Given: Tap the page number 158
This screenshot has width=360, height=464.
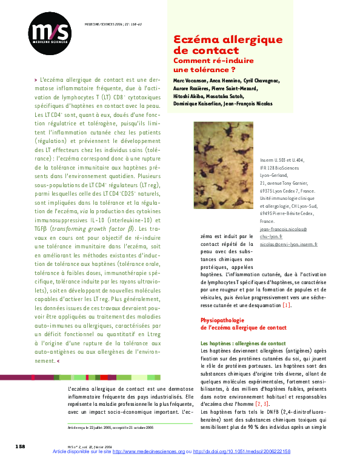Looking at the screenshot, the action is [20, 446].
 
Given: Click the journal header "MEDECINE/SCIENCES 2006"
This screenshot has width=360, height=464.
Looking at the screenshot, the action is [99, 25].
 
